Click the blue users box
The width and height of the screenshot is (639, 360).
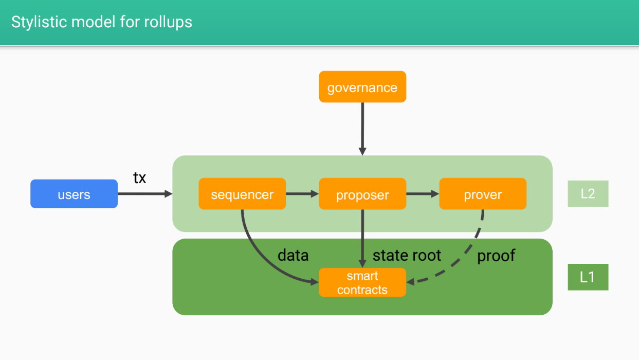(x=74, y=194)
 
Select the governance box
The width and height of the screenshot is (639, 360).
(x=362, y=87)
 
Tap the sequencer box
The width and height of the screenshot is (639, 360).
(x=242, y=194)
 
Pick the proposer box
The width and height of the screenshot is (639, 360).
(x=362, y=194)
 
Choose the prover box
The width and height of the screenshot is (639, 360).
(x=483, y=194)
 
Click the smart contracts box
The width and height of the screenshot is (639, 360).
(x=362, y=282)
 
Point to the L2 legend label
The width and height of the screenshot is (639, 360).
(x=588, y=194)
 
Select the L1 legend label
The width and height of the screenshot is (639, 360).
(x=588, y=277)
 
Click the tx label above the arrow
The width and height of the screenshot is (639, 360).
(x=140, y=178)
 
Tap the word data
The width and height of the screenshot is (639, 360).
(x=293, y=255)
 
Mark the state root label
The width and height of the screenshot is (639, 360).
(x=407, y=255)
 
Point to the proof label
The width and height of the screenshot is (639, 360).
(x=496, y=255)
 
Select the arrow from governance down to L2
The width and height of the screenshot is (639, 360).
(x=362, y=129)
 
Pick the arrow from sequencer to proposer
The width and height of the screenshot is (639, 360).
(x=302, y=194)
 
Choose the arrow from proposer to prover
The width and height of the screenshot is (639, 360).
(x=423, y=194)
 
